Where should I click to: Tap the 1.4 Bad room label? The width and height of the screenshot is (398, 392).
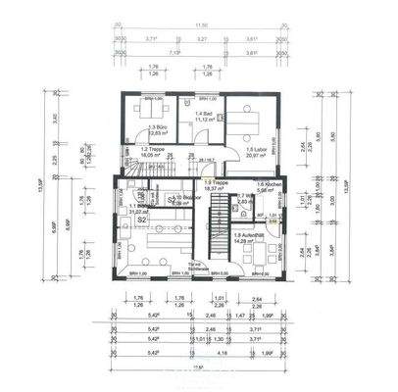199,115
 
